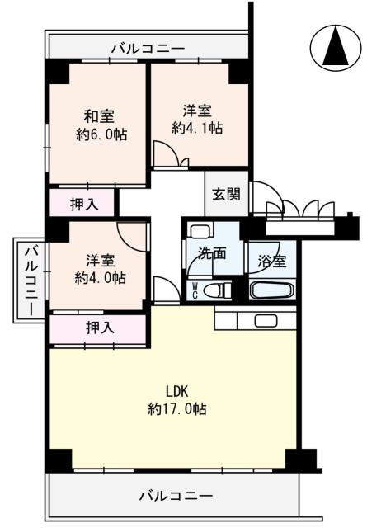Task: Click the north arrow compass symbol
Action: point(334,47)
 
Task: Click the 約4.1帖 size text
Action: point(196,127)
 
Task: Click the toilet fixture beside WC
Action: point(216,289)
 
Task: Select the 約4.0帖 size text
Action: point(99,278)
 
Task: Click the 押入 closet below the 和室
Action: point(82,202)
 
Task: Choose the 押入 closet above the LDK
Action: point(99,327)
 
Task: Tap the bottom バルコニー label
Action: point(175,497)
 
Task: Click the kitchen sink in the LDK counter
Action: point(265,320)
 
